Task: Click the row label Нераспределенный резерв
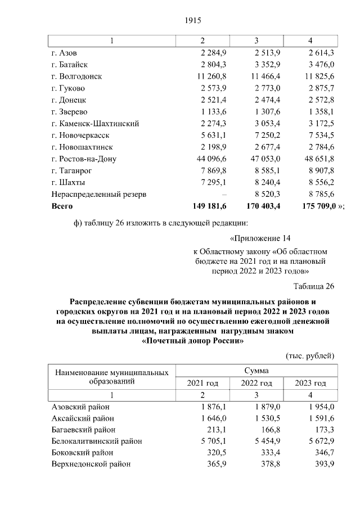pos(99,194)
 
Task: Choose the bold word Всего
pos(62,206)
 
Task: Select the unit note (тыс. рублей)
pos(310,355)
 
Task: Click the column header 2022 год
pos(257,383)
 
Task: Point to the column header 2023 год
pos(310,383)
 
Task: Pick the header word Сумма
pos(256,371)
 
